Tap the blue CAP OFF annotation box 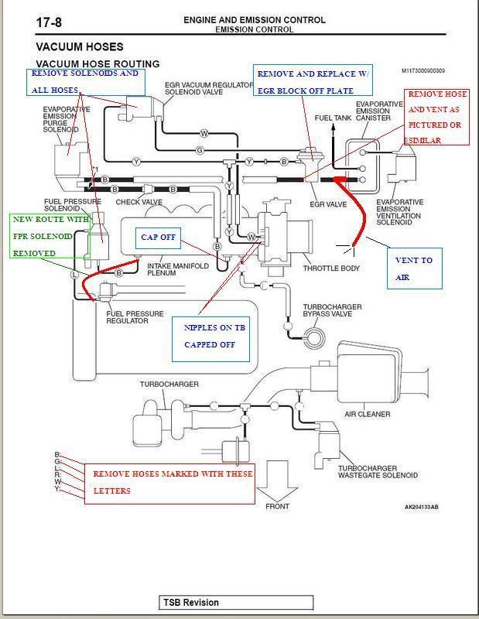[159, 238]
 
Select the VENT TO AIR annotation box [414, 268]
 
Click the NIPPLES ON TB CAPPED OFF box [210, 337]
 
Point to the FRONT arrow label [277, 507]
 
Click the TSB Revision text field [236, 603]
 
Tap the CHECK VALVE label [139, 203]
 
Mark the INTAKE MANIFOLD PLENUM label [178, 270]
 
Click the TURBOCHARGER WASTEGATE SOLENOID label [378, 472]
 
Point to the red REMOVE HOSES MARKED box [169, 482]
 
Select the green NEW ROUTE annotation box [50, 236]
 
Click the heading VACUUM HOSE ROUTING [98, 64]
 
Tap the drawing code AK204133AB [421, 508]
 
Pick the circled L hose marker [75, 274]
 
